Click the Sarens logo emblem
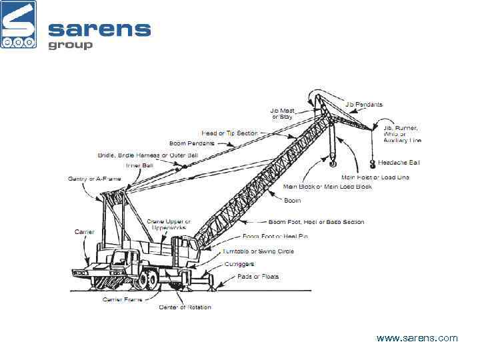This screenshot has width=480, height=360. [x=19, y=25]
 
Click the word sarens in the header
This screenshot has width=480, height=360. [x=99, y=29]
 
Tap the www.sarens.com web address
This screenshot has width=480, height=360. [x=417, y=338]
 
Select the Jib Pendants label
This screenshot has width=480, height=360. [x=364, y=105]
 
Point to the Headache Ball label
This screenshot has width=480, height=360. [x=399, y=162]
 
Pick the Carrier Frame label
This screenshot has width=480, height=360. [x=120, y=299]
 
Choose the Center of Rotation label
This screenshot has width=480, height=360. [x=185, y=307]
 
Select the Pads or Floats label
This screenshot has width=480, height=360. [x=261, y=276]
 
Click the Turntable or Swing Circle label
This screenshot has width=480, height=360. [x=268, y=251]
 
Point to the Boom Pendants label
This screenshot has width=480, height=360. [x=192, y=143]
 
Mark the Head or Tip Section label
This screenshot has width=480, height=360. [x=229, y=133]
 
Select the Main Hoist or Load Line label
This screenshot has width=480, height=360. [x=375, y=177]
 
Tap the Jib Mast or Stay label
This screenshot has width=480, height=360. [x=282, y=114]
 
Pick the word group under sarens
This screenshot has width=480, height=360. [x=70, y=45]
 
